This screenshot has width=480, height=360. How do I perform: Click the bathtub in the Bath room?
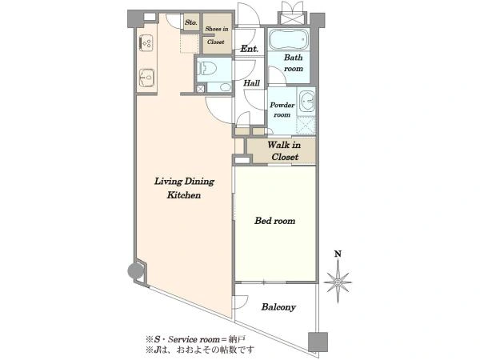[x=288, y=40]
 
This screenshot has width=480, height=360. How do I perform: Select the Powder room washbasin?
[x=306, y=101]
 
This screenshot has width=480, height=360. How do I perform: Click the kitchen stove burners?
[x=146, y=43]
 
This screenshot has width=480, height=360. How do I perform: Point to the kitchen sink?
[x=146, y=77]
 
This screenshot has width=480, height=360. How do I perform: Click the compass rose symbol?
[x=338, y=282]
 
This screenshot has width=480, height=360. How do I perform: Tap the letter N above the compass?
[x=338, y=254]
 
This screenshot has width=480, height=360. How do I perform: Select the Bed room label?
[x=274, y=221]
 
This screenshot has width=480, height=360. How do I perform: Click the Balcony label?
[x=278, y=307]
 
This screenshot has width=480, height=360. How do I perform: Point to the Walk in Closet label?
[x=284, y=151]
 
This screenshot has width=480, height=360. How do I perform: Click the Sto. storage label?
[x=191, y=22]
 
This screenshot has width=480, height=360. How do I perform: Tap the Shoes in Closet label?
[x=217, y=35]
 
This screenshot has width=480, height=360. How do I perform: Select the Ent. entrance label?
[x=249, y=48]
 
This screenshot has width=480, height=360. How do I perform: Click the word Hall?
[x=252, y=82]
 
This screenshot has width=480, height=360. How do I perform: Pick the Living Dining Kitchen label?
[x=184, y=188]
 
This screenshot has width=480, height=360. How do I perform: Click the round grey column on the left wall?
[x=135, y=271]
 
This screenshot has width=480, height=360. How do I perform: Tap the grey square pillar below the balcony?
[x=318, y=342]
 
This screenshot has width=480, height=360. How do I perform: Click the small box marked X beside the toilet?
[x=200, y=89]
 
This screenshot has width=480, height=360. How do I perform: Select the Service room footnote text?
[x=195, y=339]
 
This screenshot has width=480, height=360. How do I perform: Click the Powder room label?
[x=282, y=110]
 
